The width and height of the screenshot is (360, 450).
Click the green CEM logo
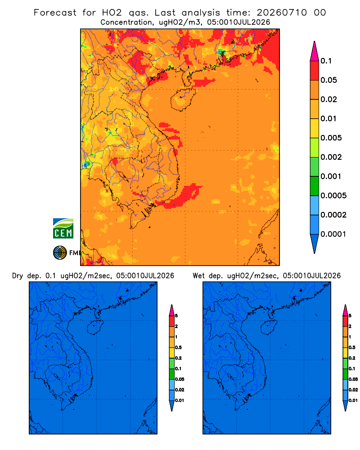point(63,229)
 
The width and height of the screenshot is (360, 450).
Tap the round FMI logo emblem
point(60,252)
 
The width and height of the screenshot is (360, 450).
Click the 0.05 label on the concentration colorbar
point(328,80)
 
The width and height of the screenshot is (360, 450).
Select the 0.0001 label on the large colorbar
point(333,234)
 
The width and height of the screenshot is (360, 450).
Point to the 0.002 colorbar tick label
point(331,157)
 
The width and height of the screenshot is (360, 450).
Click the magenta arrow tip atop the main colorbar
point(315,51)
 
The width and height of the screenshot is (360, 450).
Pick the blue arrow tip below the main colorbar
point(315,243)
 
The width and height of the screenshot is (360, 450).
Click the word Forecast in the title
point(55,13)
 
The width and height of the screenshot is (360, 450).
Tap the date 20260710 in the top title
point(282,13)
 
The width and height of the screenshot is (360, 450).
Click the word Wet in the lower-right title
point(198,275)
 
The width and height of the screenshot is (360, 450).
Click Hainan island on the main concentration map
point(183,99)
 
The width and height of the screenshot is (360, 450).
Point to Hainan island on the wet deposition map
point(269,327)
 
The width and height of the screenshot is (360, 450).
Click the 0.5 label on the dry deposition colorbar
point(178,347)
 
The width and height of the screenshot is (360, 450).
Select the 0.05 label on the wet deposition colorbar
point(353,379)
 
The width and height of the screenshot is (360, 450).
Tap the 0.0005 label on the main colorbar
point(333,196)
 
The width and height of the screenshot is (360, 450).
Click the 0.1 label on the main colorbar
point(326,61)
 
